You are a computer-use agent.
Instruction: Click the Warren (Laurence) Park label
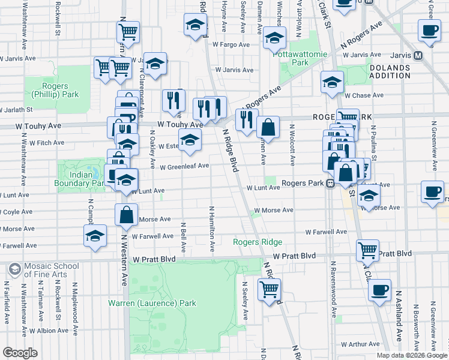[x=152, y=303]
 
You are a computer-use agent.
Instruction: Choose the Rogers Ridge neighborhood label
[x=258, y=242]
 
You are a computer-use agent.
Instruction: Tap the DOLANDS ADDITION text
[x=390, y=72]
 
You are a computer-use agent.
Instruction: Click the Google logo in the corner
[x=20, y=352]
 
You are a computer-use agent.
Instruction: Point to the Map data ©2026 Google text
[x=411, y=355]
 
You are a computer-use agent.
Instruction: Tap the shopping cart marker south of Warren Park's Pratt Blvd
[x=270, y=289]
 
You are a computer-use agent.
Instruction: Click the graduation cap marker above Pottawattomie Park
[x=274, y=38]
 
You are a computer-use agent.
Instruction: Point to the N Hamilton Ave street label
[x=212, y=229]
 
